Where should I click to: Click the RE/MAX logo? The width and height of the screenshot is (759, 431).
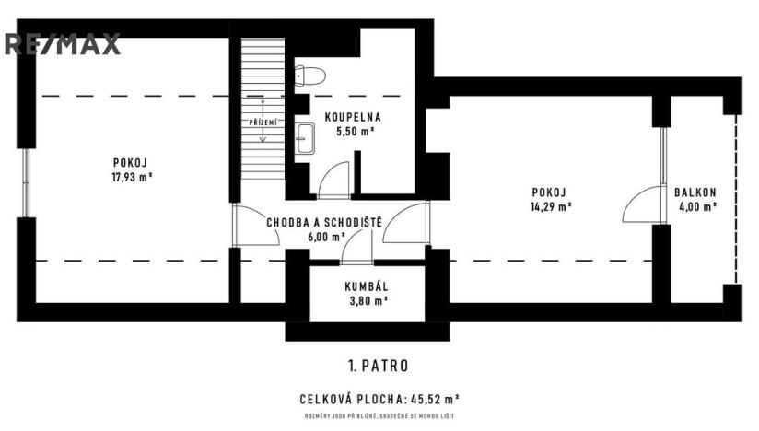coord(62,44)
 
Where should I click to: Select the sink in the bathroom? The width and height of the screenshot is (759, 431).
coord(305,138)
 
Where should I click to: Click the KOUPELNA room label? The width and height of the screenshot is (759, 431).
coord(352,117)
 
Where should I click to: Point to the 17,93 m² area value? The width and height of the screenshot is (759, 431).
coord(132,178)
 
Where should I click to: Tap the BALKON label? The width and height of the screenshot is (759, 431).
coord(695,192)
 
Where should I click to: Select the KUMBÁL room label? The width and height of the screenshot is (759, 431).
coord(366,286)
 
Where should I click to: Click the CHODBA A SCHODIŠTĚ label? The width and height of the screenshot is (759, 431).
coord(324,222)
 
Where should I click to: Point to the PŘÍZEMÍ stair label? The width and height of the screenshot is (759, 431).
coord(262,122)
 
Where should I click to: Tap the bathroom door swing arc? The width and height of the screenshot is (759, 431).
coord(333,179)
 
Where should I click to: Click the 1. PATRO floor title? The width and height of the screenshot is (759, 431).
coord(379,366)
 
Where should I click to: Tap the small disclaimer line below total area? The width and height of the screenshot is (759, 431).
coord(379,417)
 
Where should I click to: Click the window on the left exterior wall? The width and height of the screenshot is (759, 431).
coord(26,179)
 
